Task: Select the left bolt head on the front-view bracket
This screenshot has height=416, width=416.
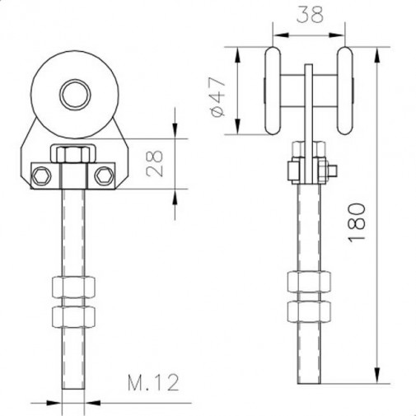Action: tap(39, 175)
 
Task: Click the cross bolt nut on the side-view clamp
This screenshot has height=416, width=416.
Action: tap(292, 171)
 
